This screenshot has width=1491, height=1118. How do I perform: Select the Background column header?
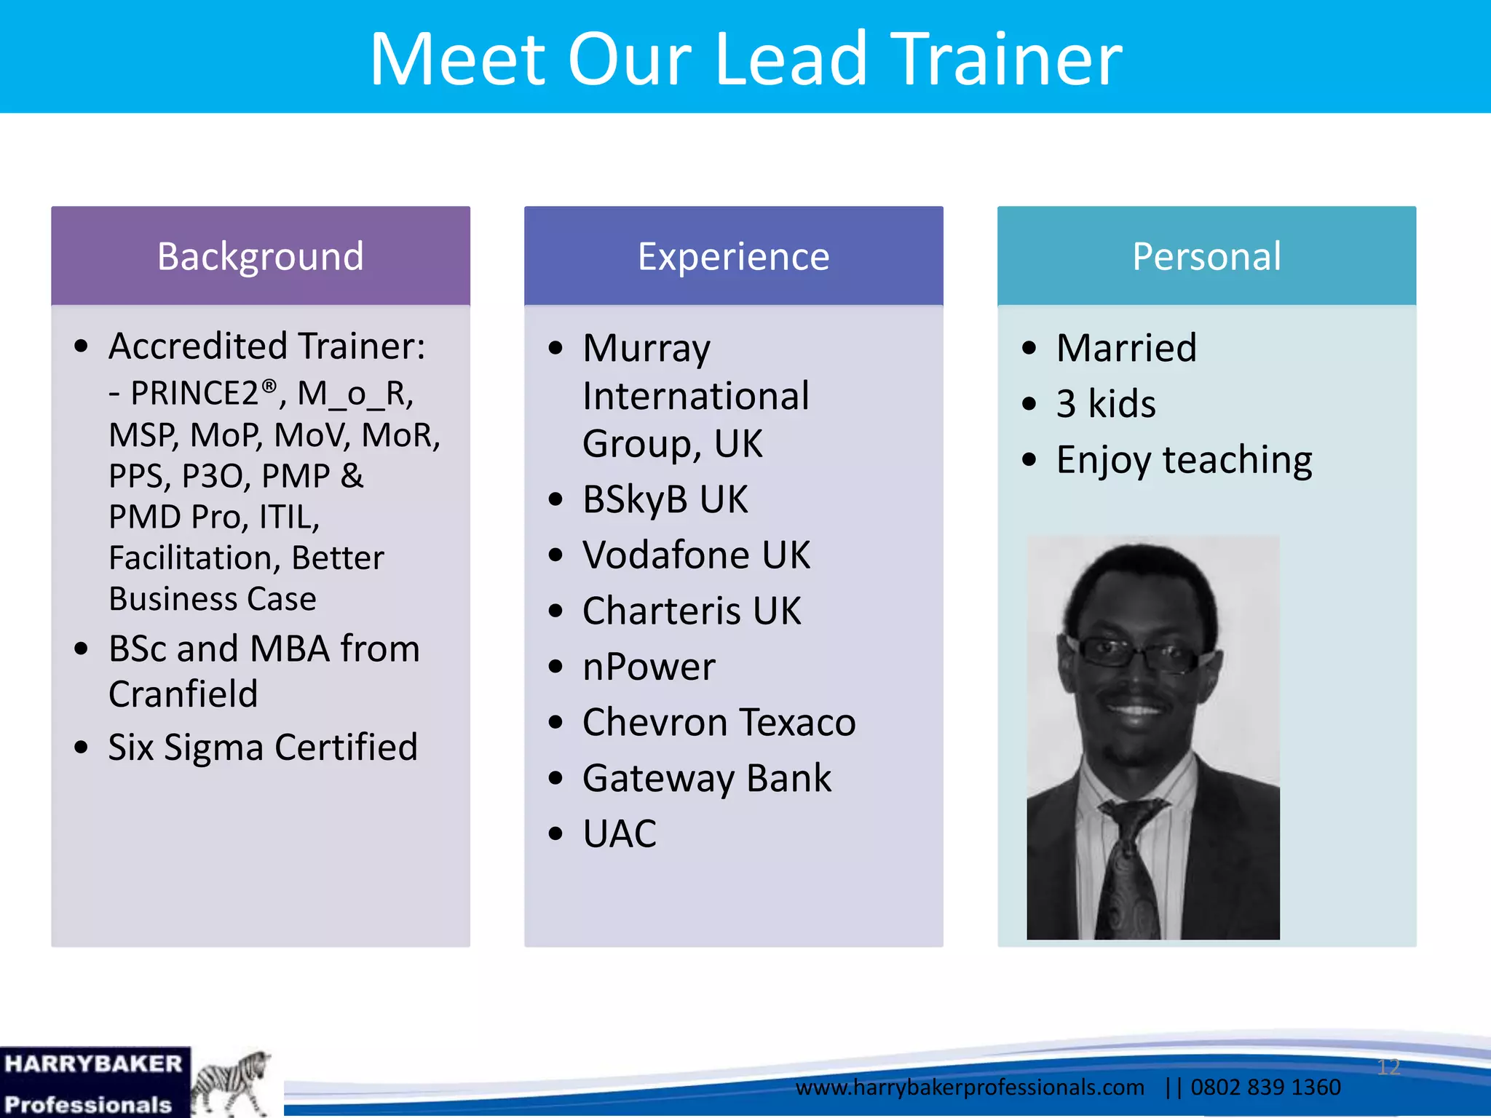[261, 256]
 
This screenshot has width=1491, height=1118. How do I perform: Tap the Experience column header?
[733, 256]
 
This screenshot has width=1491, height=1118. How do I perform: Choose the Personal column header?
[1206, 256]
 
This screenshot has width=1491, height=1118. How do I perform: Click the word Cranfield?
[183, 694]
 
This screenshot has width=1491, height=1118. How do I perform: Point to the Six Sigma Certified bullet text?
[263, 748]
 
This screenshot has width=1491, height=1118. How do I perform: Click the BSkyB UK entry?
[665, 499]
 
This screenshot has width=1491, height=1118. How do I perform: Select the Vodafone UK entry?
[696, 555]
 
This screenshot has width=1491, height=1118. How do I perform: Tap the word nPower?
[649, 667]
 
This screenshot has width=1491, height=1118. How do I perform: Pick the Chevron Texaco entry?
[719, 723]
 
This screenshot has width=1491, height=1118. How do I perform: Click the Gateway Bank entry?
[706, 778]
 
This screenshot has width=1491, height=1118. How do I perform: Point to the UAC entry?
[620, 833]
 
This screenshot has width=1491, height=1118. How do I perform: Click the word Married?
[1126, 348]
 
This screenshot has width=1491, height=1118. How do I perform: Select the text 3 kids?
[1106, 404]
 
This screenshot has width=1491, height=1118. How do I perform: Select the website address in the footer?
[970, 1087]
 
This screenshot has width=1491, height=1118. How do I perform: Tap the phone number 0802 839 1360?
[1265, 1087]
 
